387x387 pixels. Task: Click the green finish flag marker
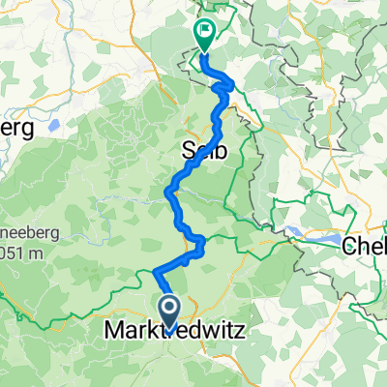pyautogui.click(x=205, y=32)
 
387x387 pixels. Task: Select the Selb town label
pyautogui.click(x=204, y=150)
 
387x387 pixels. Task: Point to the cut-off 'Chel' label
pyautogui.click(x=365, y=246)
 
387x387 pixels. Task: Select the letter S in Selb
pyautogui.click(x=189, y=150)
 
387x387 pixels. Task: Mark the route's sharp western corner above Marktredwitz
pyautogui.click(x=154, y=272)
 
